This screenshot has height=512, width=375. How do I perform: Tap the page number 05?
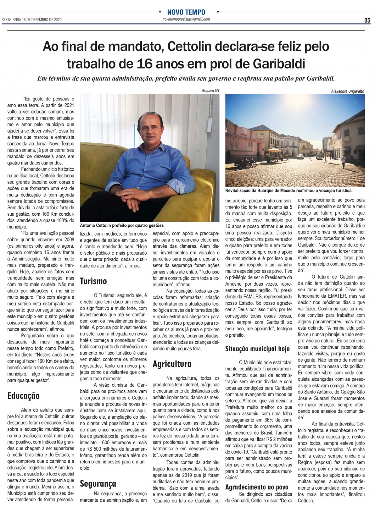(x=367, y=20)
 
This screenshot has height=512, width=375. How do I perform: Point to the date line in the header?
(x=32, y=20)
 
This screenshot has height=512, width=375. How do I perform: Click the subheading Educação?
(x=23, y=396)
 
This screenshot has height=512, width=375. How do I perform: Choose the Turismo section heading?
(x=94, y=281)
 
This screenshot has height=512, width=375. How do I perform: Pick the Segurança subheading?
(x=98, y=484)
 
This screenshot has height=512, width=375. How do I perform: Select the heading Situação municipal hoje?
(x=257, y=349)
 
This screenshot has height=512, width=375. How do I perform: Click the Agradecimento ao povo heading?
(x=257, y=487)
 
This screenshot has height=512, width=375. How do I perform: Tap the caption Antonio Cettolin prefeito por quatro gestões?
(x=122, y=225)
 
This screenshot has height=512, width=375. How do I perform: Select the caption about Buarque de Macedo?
(x=288, y=191)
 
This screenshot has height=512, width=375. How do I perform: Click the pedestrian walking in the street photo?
(x=343, y=164)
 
